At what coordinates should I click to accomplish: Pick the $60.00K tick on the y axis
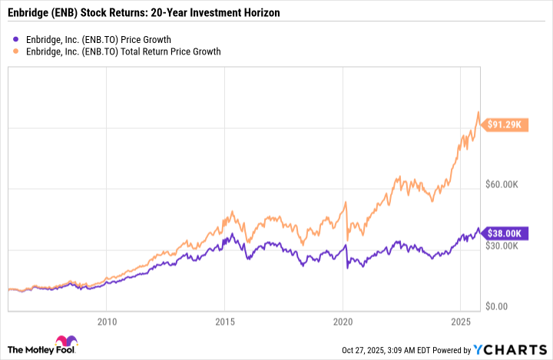pos(507,185)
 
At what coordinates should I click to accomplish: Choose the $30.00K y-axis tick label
pos(507,246)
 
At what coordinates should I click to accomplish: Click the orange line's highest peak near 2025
pos(479,112)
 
